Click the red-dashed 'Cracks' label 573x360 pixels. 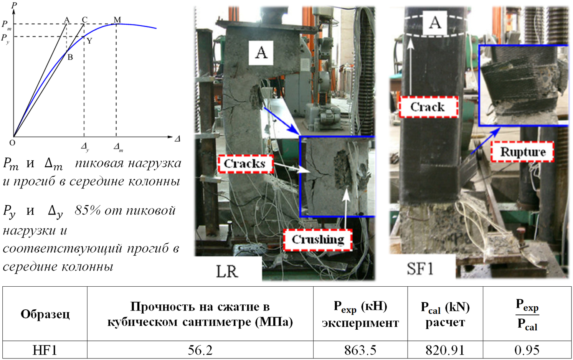[245, 164]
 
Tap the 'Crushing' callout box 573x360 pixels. [318, 239]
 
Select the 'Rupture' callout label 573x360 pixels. [522, 152]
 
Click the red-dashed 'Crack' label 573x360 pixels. [428, 107]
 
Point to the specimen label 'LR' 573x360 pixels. [227, 271]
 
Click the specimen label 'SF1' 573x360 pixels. [420, 268]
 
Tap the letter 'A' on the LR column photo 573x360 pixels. [261, 52]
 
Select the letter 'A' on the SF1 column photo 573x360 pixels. [435, 23]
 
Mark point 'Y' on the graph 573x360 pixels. [89, 41]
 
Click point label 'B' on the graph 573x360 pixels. [70, 58]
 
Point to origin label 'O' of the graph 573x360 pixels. [12, 143]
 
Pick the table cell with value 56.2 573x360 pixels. [200, 350]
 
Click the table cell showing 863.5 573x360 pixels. [360, 350]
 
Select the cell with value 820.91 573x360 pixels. [445, 350]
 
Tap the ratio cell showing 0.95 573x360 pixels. [527, 350]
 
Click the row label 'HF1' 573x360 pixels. [45, 350]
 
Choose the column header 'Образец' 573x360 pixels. [45, 314]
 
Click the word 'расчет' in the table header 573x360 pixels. [445, 322]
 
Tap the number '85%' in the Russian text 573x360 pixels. [88, 210]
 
